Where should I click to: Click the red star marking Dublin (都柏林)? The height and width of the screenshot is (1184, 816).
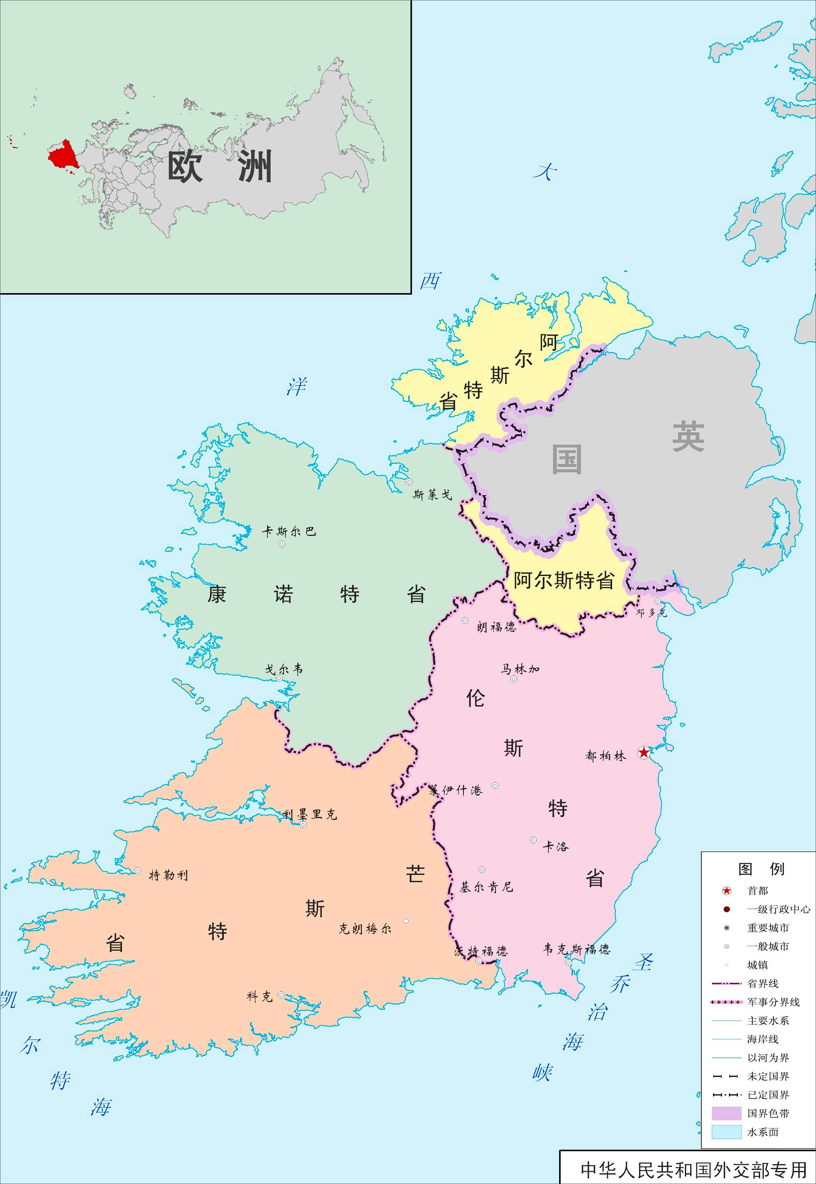[644, 752]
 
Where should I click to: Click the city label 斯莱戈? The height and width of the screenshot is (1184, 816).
[433, 494]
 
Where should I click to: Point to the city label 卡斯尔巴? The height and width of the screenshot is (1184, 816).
[289, 532]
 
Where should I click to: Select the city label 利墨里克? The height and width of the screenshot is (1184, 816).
[310, 815]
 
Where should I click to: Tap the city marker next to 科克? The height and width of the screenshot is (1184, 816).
[281, 995]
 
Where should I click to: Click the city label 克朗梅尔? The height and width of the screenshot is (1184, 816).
[364, 929]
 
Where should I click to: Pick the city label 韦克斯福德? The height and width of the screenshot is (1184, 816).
[576, 949]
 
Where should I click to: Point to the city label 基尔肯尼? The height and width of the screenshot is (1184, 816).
[486, 887]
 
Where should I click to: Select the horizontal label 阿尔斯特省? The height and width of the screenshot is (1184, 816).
[563, 580]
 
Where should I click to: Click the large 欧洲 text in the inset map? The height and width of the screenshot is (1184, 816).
[220, 167]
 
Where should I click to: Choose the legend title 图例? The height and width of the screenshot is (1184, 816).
[761, 869]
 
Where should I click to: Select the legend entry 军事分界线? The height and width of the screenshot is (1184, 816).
[773, 1002]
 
